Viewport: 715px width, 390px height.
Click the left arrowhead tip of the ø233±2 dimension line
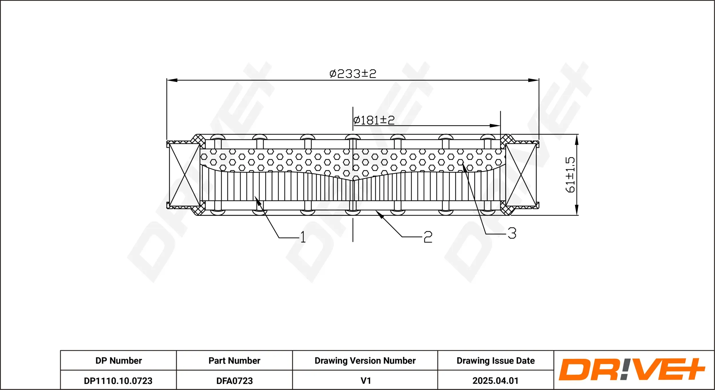[x=167, y=80]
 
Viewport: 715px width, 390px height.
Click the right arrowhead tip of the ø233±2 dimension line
[x=539, y=80]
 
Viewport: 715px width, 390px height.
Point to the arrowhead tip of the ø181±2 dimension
[x=500, y=126]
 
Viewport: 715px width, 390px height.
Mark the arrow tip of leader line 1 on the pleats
[x=255, y=196]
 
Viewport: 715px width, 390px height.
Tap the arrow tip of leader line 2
[x=376, y=211]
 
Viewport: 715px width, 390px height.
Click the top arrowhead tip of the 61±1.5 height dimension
[x=577, y=134]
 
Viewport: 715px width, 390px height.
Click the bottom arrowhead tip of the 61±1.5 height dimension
[x=577, y=215]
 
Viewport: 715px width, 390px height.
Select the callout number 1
[x=303, y=237]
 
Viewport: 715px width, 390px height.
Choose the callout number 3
[x=512, y=233]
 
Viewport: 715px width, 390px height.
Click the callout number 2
[x=428, y=237]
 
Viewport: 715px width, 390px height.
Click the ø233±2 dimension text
[x=353, y=74]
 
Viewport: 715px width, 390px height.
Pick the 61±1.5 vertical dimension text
[x=570, y=175]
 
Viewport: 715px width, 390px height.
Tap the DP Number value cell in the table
[x=118, y=381]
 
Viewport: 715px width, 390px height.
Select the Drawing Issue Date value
[x=495, y=381]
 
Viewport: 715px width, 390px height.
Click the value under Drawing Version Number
[x=366, y=381]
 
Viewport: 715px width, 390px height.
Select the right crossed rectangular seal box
[x=521, y=175]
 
